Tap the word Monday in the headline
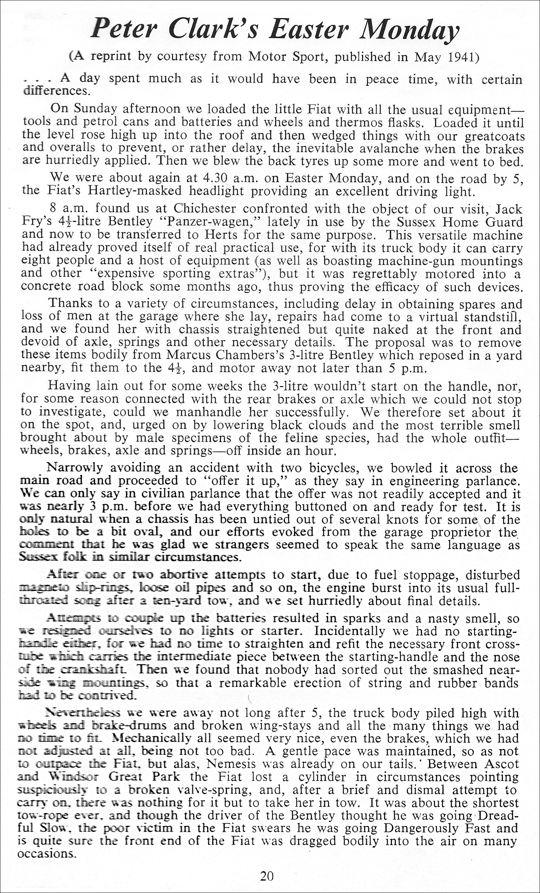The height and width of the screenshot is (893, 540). (x=409, y=29)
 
